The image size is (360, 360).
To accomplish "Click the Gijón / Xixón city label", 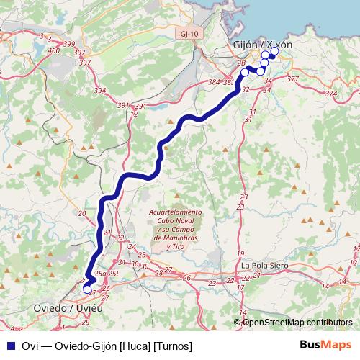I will point(263,45).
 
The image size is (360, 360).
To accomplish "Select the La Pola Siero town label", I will point(266,265).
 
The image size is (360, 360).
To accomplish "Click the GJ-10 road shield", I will point(189,34).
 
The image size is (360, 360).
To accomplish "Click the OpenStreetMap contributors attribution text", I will point(297,322).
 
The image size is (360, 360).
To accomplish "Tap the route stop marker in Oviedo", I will point(88,290).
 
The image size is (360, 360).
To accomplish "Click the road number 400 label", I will point(53,51).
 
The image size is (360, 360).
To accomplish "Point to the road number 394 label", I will point(100,91).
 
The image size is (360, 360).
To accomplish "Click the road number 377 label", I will point(292,79).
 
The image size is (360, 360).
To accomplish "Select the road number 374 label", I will point(330,94).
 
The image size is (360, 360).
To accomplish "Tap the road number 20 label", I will point(81,214).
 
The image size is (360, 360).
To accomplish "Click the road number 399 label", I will point(69,45).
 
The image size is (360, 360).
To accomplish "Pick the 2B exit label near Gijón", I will point(241,63).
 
